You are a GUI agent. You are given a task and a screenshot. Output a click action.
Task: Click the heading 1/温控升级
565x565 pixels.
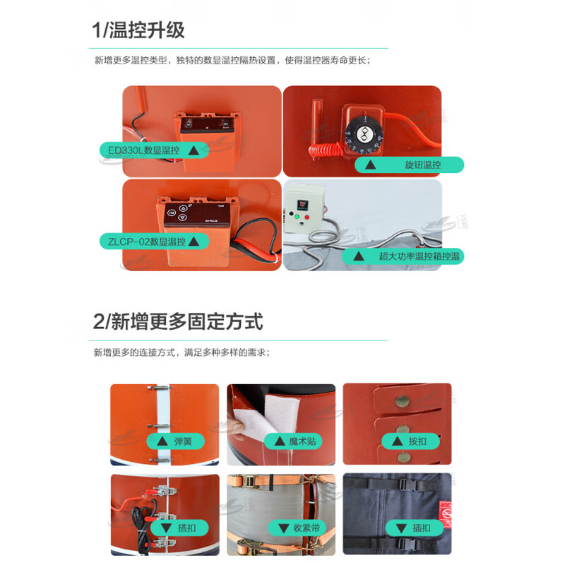click(138, 30)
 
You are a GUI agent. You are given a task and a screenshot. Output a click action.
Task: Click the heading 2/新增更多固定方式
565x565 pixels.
click(178, 322)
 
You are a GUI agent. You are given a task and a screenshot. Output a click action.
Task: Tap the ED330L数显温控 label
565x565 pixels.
click(153, 150)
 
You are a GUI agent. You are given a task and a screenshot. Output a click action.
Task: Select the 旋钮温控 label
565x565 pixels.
click(409, 165)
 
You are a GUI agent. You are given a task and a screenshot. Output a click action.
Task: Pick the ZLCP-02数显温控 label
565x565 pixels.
click(154, 242)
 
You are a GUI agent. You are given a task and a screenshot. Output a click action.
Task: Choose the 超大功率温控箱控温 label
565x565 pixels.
click(405, 256)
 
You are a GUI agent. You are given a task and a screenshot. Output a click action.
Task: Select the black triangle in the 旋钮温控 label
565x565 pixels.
click(368, 165)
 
